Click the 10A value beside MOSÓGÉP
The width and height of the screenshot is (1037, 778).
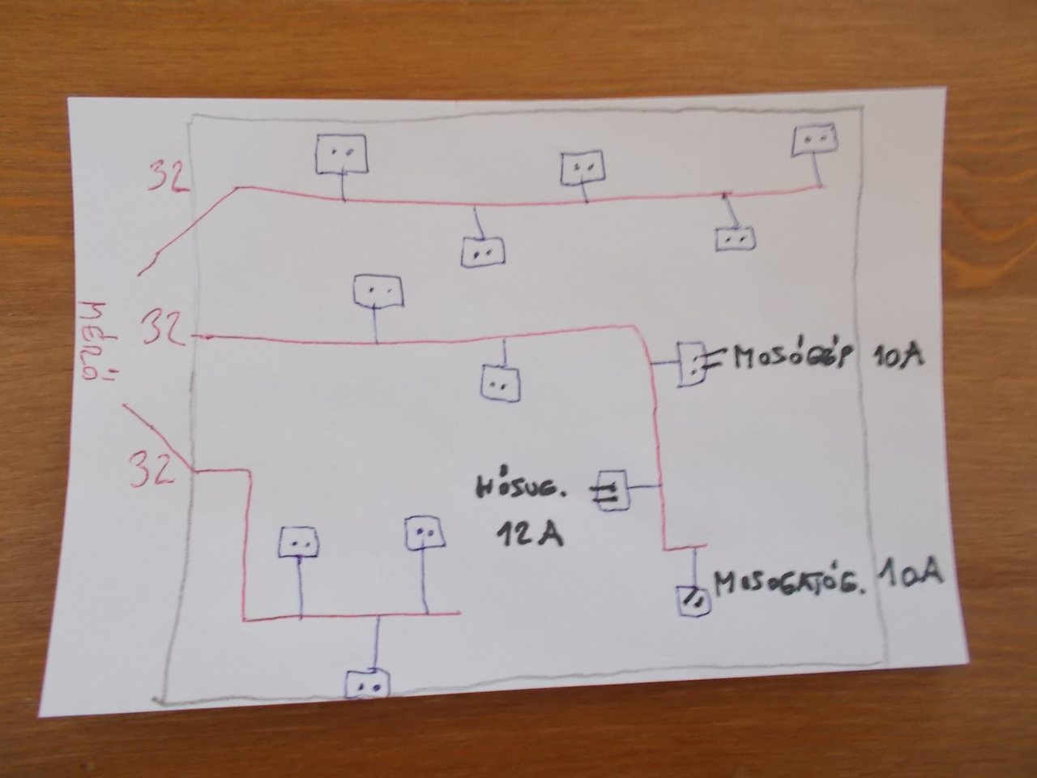(898, 357)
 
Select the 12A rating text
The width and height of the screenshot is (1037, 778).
(527, 535)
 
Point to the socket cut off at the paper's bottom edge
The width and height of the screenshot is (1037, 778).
(367, 684)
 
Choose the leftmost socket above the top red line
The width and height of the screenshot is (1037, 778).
(341, 154)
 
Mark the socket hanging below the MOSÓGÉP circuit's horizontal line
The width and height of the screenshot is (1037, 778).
(502, 383)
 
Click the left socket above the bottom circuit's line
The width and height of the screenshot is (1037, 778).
(300, 541)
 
